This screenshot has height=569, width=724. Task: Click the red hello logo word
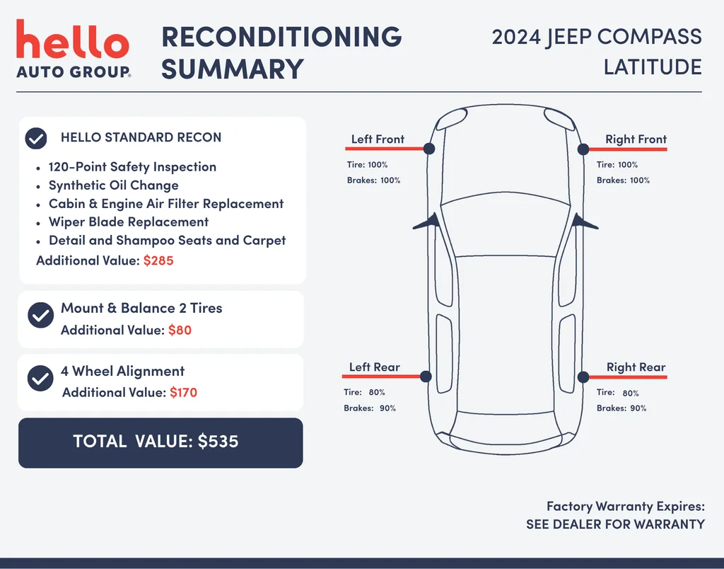click(73, 39)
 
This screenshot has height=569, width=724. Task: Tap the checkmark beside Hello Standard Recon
click(36, 138)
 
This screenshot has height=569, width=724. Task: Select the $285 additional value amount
click(158, 260)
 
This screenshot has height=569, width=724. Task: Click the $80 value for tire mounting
click(180, 330)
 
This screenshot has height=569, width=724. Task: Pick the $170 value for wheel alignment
click(183, 393)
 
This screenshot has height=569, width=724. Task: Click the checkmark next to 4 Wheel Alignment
click(40, 378)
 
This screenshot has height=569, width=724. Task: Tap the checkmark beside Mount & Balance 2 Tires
click(40, 315)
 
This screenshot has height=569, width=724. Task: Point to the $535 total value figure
click(218, 442)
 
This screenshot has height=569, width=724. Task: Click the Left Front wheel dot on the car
click(429, 149)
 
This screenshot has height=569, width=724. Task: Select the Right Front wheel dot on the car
click(583, 149)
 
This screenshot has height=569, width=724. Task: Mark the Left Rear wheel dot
click(426, 377)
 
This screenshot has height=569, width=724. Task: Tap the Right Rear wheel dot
click(583, 377)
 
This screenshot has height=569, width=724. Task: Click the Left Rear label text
click(375, 367)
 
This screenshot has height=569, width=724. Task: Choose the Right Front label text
click(636, 139)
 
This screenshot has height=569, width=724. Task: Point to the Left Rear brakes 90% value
click(388, 408)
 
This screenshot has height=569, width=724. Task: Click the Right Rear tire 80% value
click(631, 393)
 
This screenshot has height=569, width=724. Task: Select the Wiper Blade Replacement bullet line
click(129, 222)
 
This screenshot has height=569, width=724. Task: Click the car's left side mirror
click(426, 222)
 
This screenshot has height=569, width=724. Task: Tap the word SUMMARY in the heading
click(232, 69)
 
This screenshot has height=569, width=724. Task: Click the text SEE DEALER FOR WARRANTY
click(616, 524)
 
